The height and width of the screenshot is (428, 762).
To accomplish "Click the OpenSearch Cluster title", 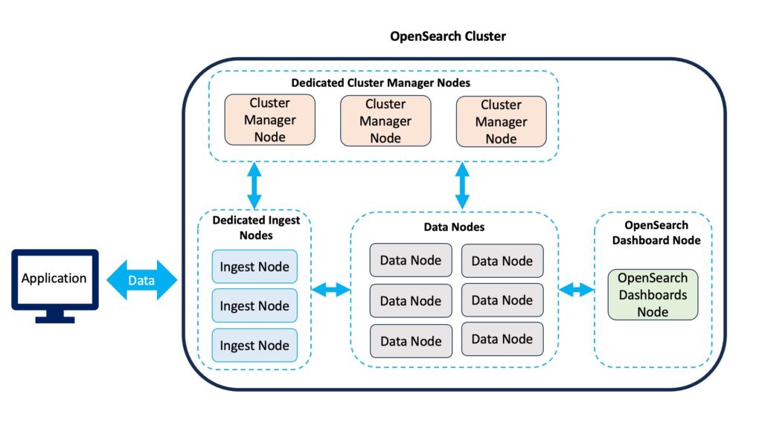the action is click(x=447, y=36).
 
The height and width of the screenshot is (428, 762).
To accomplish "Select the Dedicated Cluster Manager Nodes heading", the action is click(x=380, y=83).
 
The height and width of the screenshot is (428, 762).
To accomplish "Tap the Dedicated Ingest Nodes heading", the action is click(x=256, y=227).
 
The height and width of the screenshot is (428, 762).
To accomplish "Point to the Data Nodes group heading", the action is click(x=454, y=227).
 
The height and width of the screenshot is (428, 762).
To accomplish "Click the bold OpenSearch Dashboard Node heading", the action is click(x=656, y=233).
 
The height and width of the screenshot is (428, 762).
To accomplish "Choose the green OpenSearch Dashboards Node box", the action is click(x=653, y=294).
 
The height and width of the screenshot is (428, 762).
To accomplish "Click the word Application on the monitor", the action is click(x=54, y=278).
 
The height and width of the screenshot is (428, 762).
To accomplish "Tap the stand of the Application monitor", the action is click(x=55, y=317).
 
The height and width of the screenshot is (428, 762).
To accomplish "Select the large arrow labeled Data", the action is click(x=141, y=280).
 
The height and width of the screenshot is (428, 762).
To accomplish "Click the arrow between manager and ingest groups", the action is click(x=254, y=185).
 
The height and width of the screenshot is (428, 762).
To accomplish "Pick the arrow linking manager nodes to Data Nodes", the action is click(x=462, y=185).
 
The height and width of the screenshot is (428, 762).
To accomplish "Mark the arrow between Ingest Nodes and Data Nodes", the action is click(x=330, y=291).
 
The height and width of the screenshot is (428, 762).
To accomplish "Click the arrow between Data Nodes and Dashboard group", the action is click(x=577, y=291).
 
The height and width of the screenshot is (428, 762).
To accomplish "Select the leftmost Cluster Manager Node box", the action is click(x=269, y=120).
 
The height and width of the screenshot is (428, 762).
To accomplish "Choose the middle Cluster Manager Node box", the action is click(x=385, y=121).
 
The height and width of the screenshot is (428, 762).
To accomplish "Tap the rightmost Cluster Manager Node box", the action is click(x=501, y=121).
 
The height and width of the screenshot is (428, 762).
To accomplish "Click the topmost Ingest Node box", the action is click(x=254, y=267).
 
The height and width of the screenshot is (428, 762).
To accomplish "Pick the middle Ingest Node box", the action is click(x=254, y=305).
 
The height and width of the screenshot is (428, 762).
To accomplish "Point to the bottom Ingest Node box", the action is click(x=254, y=345).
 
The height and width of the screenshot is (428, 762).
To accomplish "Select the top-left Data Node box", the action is click(x=411, y=261).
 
